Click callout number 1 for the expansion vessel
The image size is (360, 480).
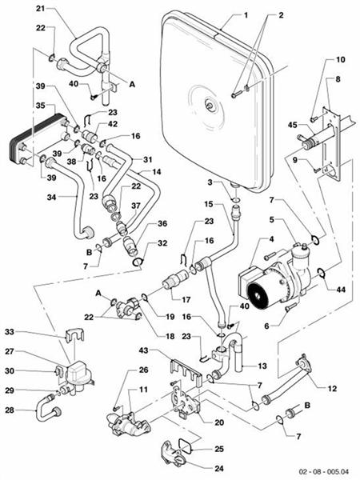[247, 15]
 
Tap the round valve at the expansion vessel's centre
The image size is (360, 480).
[210, 102]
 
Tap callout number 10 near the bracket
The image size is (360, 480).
[340, 59]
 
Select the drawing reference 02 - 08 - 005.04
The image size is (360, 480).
[322, 473]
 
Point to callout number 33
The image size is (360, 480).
[10, 332]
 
